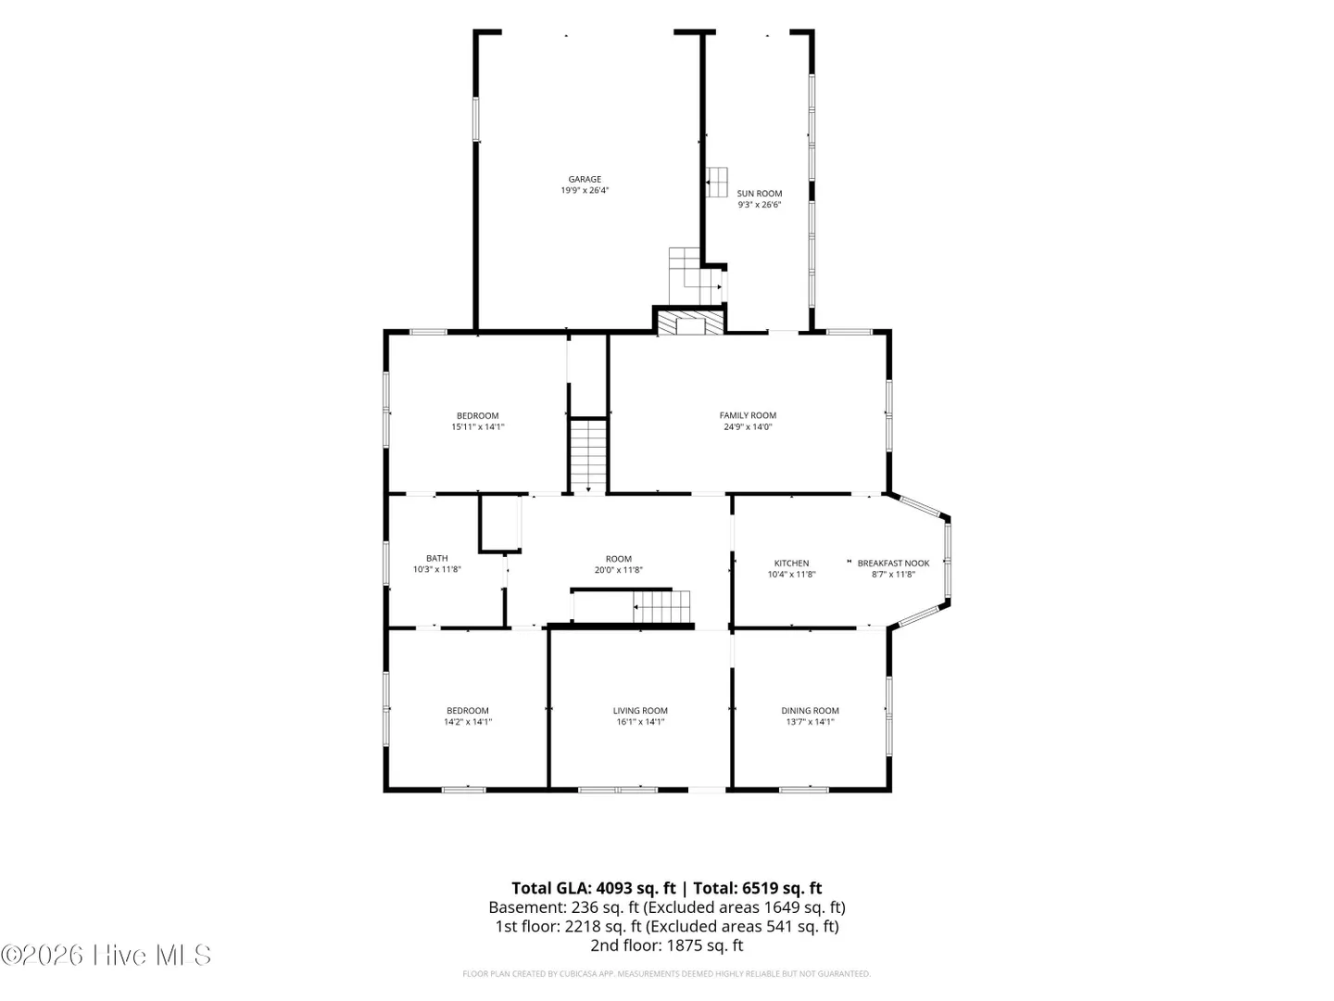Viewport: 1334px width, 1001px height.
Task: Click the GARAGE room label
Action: pyautogui.click(x=584, y=179)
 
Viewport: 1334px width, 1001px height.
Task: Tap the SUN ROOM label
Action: pyautogui.click(x=759, y=194)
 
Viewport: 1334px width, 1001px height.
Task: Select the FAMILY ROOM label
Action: pyautogui.click(x=748, y=416)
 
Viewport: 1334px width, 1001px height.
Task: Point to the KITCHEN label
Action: pyautogui.click(x=791, y=564)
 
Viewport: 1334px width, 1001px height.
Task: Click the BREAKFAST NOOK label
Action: pyautogui.click(x=893, y=564)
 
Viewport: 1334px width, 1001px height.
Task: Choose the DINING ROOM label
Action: pyautogui.click(x=810, y=711)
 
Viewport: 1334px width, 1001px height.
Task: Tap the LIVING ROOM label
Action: pyautogui.click(x=640, y=711)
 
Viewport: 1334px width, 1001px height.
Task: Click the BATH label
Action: pyautogui.click(x=437, y=558)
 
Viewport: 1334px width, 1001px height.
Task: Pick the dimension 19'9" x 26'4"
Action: pyautogui.click(x=584, y=190)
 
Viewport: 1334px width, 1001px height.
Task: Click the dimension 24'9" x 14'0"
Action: pyautogui.click(x=748, y=426)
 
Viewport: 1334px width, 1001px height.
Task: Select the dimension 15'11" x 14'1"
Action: pyautogui.click(x=478, y=426)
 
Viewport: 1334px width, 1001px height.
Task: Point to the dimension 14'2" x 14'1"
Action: pyautogui.click(x=467, y=722)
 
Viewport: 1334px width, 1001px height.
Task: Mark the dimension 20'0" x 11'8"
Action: pyautogui.click(x=618, y=570)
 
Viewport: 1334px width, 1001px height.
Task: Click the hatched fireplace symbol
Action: pyautogui.click(x=690, y=323)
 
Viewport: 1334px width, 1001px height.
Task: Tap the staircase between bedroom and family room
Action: pyautogui.click(x=587, y=455)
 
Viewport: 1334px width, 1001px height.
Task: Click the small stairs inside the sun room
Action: pyautogui.click(x=717, y=182)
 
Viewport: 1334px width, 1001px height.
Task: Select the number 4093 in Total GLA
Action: pyautogui.click(x=618, y=888)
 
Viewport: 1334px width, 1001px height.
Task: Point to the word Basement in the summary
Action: pyautogui.click(x=527, y=907)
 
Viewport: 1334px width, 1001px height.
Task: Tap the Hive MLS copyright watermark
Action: pyautogui.click(x=106, y=955)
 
